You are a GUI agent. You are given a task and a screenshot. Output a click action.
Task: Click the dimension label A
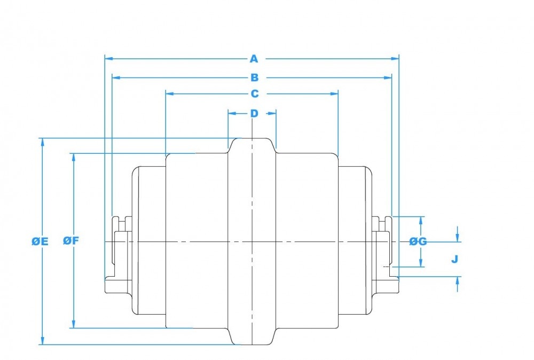click(254, 58)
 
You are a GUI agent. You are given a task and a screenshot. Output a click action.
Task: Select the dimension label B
click(255, 78)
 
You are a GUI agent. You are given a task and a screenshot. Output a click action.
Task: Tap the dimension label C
click(255, 94)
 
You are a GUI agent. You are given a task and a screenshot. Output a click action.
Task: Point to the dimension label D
click(254, 113)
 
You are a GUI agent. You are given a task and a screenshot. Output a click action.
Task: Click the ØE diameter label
click(40, 241)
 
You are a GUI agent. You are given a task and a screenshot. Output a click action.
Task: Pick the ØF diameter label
click(71, 240)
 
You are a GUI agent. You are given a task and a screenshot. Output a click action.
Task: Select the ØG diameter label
click(418, 241)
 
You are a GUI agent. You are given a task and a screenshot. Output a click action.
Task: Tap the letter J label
click(454, 259)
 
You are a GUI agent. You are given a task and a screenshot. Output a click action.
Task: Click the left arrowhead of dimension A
click(107, 58)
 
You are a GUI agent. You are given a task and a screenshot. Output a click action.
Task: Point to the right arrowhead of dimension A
click(396, 58)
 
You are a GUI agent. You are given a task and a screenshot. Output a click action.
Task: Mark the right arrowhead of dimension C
click(335, 93)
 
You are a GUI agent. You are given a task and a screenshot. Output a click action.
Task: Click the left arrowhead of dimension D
click(231, 113)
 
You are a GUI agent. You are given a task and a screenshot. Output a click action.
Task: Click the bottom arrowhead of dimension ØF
click(73, 325)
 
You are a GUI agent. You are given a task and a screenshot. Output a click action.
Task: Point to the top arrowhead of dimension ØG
click(421, 220)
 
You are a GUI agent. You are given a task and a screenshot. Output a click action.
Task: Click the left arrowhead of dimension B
click(114, 78)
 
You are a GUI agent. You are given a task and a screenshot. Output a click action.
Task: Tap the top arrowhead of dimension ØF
click(73, 156)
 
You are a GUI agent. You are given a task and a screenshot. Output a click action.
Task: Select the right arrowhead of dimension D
click(273, 113)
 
